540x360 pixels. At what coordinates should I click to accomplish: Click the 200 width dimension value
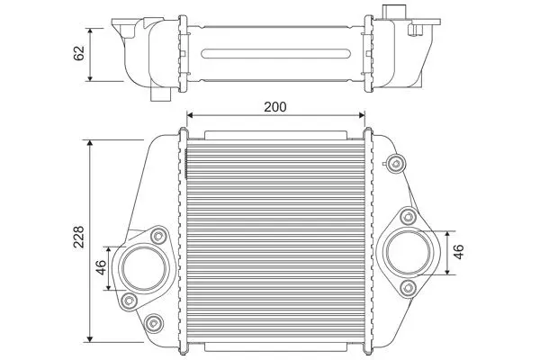274,107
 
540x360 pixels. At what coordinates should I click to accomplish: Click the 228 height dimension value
79,237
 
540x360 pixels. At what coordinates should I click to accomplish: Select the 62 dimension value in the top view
79,53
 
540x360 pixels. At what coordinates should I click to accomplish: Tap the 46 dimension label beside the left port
101,267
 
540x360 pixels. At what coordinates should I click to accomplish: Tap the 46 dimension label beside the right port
459,252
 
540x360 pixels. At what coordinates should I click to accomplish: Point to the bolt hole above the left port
158,237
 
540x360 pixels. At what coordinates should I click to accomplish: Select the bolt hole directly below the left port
129,301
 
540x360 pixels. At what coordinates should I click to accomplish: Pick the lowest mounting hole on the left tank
153,323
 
